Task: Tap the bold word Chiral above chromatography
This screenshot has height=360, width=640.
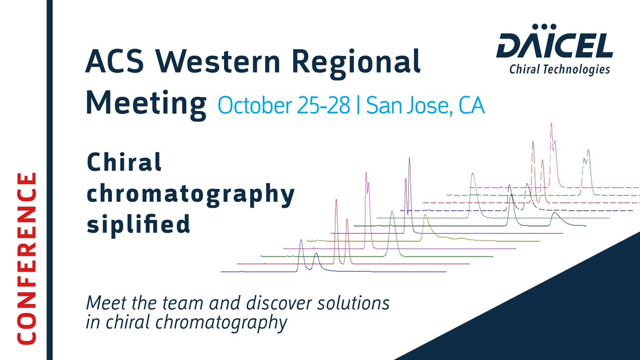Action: coord(124,163)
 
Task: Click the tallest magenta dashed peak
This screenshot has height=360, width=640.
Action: coord(551,128)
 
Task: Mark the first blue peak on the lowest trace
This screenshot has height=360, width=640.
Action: coord(301,243)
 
